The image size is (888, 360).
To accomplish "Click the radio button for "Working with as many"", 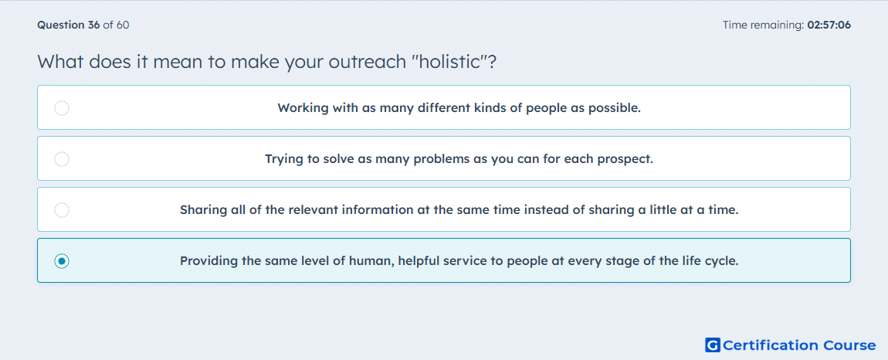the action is click(62, 107).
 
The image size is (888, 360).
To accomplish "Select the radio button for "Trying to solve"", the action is click(62, 158).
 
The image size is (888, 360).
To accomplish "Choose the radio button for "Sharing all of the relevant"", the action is click(62, 210).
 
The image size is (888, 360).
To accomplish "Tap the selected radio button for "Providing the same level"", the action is click(62, 261).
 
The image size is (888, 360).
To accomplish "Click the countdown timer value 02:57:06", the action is click(829, 25).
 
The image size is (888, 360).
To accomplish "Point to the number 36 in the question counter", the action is click(93, 25).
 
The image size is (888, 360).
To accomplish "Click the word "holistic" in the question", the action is click(447, 61).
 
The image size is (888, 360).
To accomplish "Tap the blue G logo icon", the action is click(713, 345).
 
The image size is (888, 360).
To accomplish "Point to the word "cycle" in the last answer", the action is click(721, 261).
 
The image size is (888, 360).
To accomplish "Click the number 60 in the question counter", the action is click(123, 25).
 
